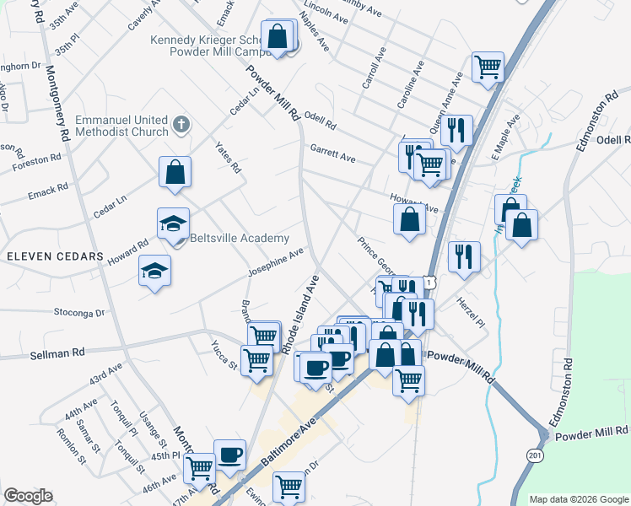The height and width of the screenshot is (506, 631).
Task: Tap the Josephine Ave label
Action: click(275, 263)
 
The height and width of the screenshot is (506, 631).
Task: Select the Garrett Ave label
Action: click(332, 151)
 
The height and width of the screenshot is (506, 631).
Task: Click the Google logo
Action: click(28, 496)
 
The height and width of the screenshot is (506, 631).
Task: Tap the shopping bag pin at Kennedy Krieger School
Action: click(277, 36)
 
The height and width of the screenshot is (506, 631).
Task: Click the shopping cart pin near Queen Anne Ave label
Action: click(488, 66)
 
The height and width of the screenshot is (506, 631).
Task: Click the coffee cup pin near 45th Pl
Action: click(229, 455)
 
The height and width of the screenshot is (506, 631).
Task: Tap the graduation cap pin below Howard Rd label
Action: click(154, 272)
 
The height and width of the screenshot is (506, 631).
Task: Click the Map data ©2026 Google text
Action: click(578, 498)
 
